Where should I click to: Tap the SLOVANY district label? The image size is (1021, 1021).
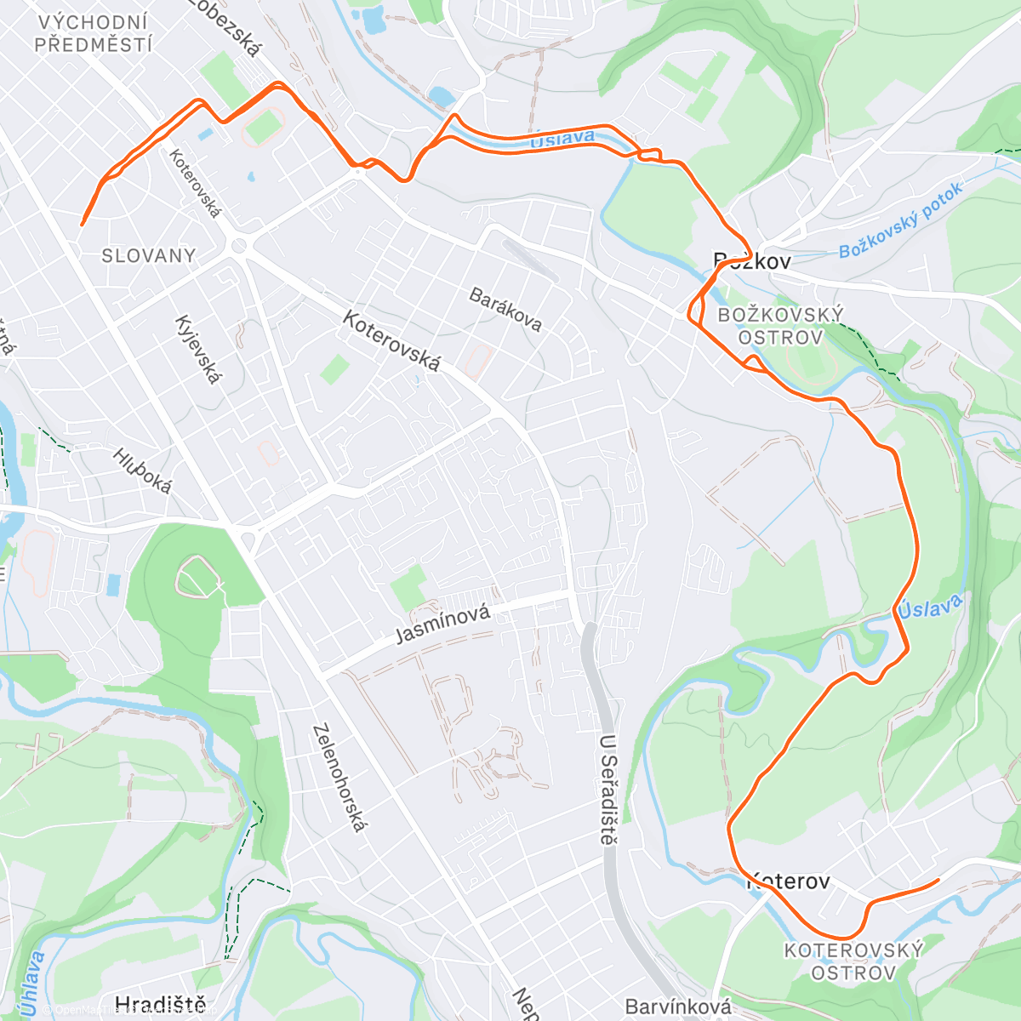(148, 255)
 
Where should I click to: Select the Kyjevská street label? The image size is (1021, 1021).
(197, 349)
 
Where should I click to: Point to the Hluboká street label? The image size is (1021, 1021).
(142, 471)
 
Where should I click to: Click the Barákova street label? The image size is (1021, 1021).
(505, 309)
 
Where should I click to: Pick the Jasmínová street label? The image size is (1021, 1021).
(443, 625)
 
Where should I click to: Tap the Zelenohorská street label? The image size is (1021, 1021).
(338, 778)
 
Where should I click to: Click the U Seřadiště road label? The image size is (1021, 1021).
(607, 790)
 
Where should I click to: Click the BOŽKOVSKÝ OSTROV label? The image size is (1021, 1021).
(780, 326)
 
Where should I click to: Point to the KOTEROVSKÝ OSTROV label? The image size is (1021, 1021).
(853, 961)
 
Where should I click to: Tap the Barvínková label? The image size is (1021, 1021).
(677, 1007)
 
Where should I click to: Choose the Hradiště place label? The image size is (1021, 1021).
(160, 1005)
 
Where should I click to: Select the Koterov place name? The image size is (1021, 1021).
(788, 881)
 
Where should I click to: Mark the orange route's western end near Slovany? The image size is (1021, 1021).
(82, 225)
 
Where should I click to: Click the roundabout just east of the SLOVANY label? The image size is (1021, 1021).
(238, 246)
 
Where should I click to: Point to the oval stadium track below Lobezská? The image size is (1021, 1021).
(263, 128)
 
